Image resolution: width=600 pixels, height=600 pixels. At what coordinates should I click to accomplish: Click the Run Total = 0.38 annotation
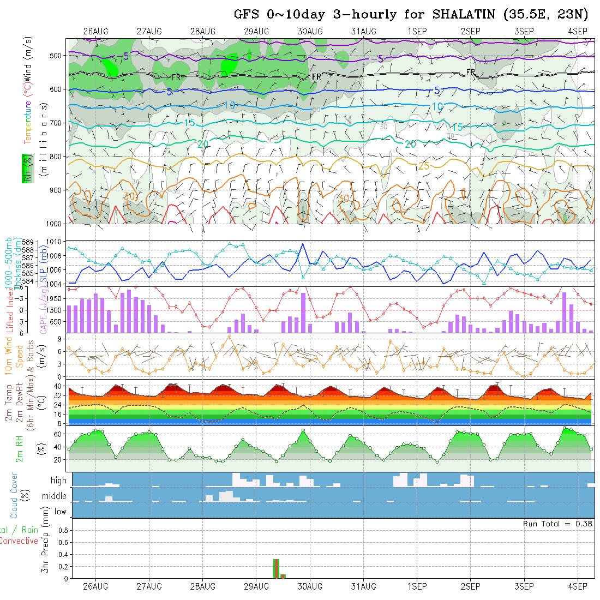click(x=557, y=524)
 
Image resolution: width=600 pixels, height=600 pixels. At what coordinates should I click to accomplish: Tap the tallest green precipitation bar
click(x=275, y=568)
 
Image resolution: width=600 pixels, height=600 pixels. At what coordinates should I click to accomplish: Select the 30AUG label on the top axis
click(x=310, y=32)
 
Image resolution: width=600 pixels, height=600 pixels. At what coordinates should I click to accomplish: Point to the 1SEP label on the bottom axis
click(x=417, y=586)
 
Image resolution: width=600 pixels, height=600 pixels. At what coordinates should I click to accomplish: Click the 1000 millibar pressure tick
click(x=56, y=224)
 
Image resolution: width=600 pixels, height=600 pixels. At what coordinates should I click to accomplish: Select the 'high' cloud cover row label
click(x=58, y=481)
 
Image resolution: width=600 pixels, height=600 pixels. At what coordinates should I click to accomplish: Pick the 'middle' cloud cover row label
click(x=54, y=496)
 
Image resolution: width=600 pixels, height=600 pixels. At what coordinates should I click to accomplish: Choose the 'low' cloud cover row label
click(x=60, y=512)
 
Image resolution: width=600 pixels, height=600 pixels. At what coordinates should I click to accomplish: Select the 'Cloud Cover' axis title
click(x=15, y=495)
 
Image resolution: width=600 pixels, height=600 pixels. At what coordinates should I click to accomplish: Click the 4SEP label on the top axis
click(x=577, y=32)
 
